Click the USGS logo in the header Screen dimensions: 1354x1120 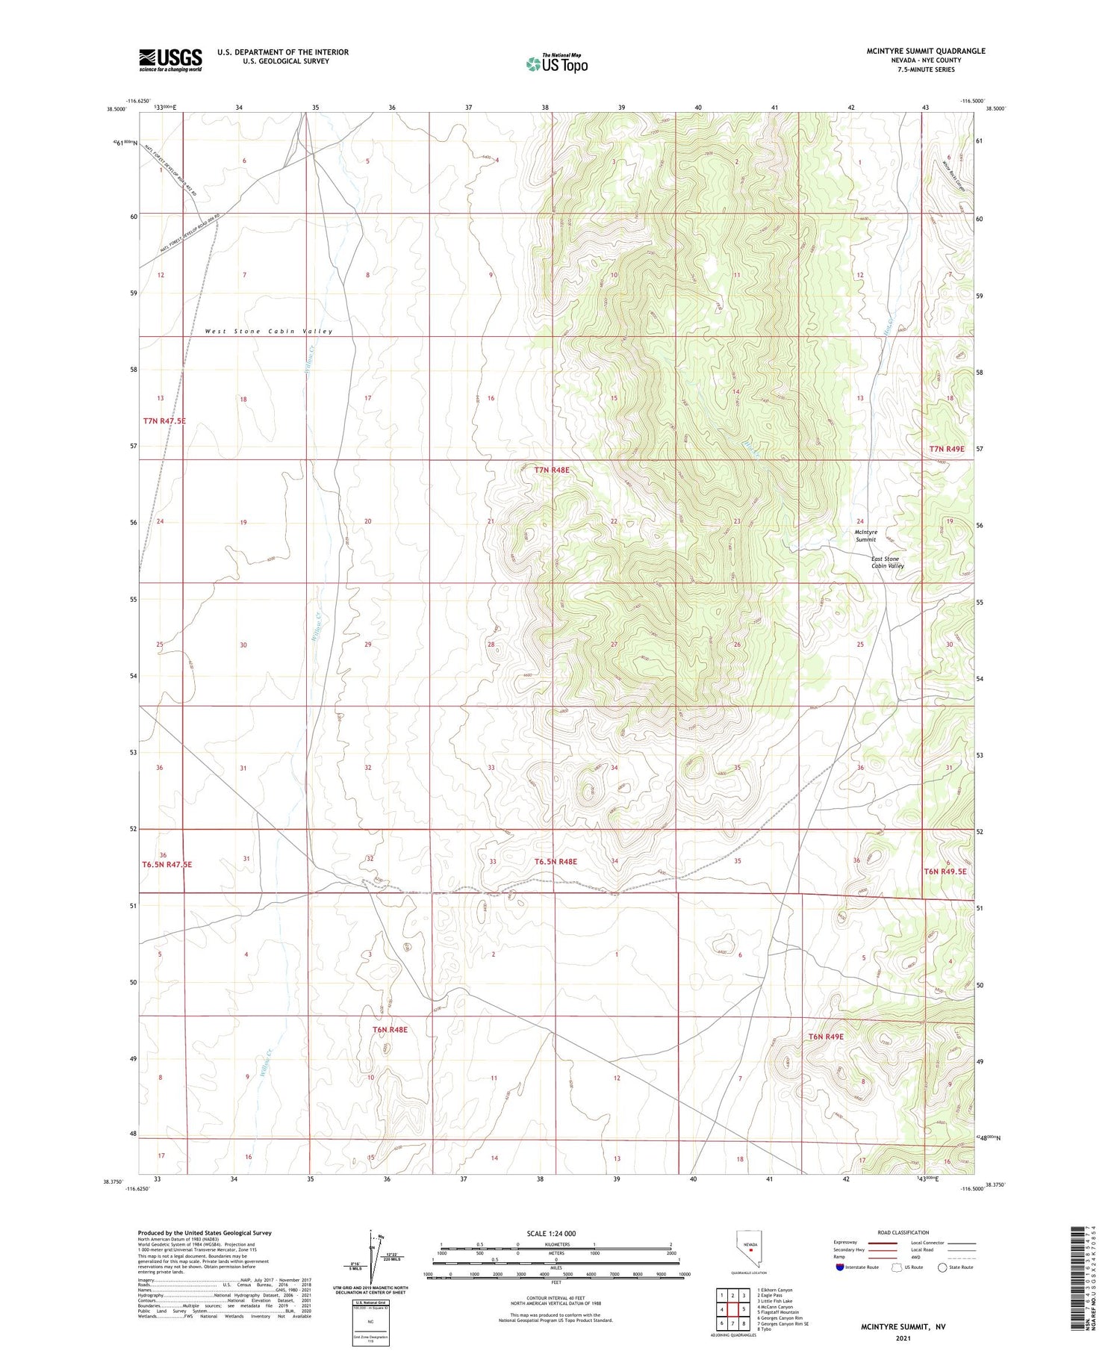click(x=170, y=60)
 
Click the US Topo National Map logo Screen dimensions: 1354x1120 click(x=557, y=63)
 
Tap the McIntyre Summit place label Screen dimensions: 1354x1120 click(x=866, y=535)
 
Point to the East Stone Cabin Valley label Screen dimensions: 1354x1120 click(x=887, y=562)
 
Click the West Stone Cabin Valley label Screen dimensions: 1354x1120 click(x=269, y=331)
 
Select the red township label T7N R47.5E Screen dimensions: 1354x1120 click(x=164, y=421)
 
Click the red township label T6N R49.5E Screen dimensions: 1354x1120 click(x=945, y=872)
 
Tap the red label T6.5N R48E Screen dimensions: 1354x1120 click(x=556, y=862)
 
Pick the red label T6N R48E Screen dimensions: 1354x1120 click(x=390, y=1030)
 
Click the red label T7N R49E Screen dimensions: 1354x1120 click(x=947, y=449)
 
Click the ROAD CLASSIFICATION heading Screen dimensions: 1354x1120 click(x=903, y=1232)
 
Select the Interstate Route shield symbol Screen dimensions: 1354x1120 click(x=839, y=1267)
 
